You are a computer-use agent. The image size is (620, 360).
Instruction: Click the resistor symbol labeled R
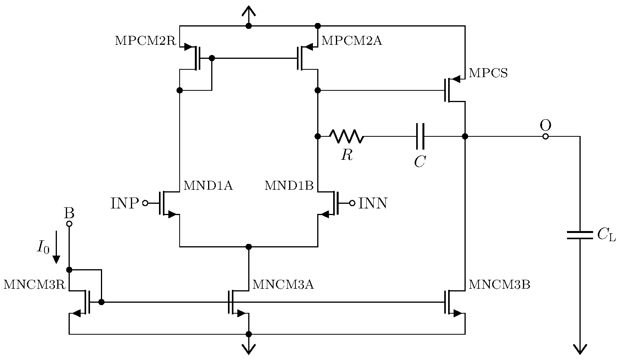pos(346,136)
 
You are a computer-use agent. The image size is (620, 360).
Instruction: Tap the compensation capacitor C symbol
pos(420,136)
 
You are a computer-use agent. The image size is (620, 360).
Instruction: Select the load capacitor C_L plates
pos(579,235)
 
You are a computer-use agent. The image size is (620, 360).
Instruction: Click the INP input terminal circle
pos(145,203)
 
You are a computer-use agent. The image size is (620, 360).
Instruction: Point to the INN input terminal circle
pos(352,203)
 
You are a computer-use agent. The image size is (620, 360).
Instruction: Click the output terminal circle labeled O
pos(546,136)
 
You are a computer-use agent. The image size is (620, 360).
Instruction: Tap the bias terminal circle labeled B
pos(69,224)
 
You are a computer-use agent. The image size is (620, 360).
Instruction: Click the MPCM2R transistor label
pos(146,41)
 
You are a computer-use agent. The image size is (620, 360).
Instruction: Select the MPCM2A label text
pos(352,41)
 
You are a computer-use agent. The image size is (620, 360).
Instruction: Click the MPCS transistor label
pos(488,73)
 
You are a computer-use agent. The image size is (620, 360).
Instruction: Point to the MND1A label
pos(208,186)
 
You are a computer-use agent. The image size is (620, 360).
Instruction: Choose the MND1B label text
pos(289,186)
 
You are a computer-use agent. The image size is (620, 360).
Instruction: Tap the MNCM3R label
pos(34,285)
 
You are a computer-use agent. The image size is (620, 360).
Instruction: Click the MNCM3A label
pos(283,285)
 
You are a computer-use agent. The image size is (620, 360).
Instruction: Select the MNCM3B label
pos(499,285)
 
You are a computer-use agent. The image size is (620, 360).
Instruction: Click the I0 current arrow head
pos(57,259)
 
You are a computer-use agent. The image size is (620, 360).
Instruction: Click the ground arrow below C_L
pos(579,349)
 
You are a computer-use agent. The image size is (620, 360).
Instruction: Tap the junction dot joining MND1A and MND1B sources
pos(249,247)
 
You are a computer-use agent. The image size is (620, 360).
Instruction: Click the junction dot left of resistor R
pos(318,136)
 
